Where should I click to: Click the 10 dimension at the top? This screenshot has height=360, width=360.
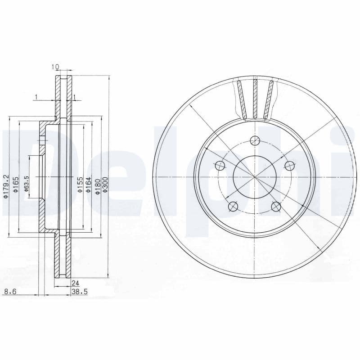tap(55, 67)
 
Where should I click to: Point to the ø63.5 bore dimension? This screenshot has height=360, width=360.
tap(26, 185)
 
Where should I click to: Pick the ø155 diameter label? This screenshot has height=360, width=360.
tap(79, 185)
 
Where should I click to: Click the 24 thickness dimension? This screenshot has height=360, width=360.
tap(76, 283)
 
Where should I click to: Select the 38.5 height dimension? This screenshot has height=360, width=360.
tap(79, 292)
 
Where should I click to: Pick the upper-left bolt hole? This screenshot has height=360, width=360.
tap(220, 165)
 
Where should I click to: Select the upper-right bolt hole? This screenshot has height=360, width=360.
tap(288, 165)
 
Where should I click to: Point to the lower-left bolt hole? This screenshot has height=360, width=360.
tap(233, 206)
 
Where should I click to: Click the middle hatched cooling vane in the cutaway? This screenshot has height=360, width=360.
tap(255, 99)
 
